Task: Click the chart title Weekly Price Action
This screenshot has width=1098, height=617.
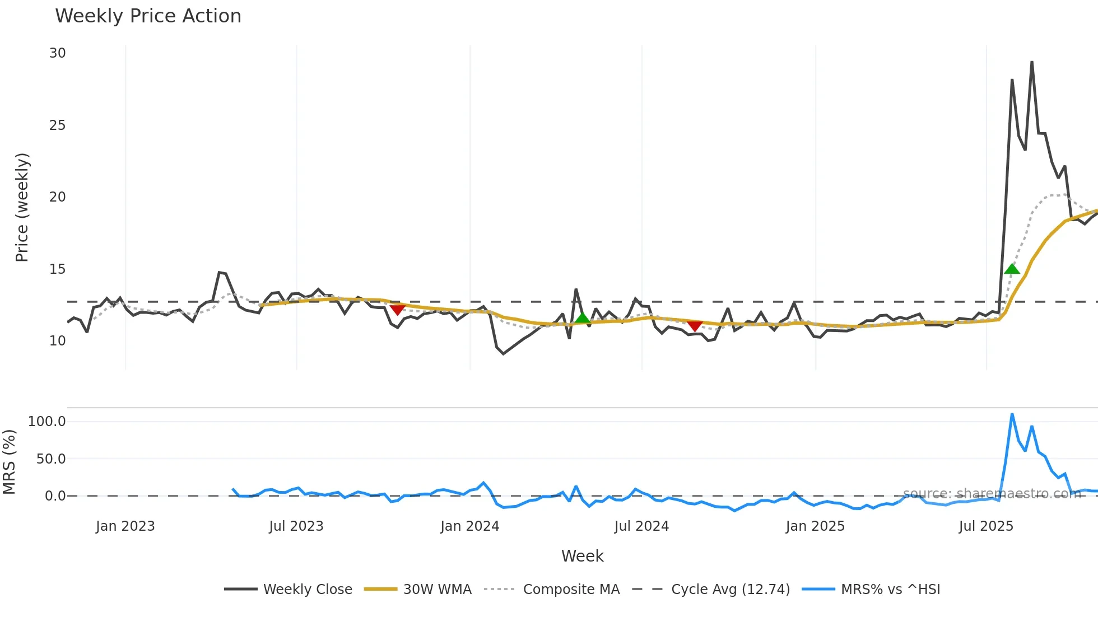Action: point(148,16)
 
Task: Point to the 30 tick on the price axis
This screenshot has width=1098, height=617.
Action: point(57,53)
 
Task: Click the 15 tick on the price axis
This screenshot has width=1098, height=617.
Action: point(57,269)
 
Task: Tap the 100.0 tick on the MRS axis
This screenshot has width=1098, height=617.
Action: point(46,422)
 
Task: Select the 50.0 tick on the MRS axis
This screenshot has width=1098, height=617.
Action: point(50,459)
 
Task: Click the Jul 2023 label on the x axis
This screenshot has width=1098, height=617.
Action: point(296,526)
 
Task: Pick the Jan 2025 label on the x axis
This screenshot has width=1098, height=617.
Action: point(815,526)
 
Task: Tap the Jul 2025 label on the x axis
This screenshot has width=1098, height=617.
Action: point(986,526)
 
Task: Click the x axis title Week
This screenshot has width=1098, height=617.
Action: point(582,556)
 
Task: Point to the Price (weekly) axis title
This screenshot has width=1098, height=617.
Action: point(22,207)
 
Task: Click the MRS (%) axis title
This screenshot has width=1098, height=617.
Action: point(10,462)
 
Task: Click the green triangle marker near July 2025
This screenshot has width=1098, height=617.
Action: point(1012,269)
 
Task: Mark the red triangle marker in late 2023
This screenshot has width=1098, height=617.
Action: point(397,310)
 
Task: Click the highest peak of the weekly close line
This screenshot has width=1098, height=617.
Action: point(1031,62)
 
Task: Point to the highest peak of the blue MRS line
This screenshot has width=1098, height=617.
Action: point(1012,414)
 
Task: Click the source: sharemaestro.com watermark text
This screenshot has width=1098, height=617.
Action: point(992,494)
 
